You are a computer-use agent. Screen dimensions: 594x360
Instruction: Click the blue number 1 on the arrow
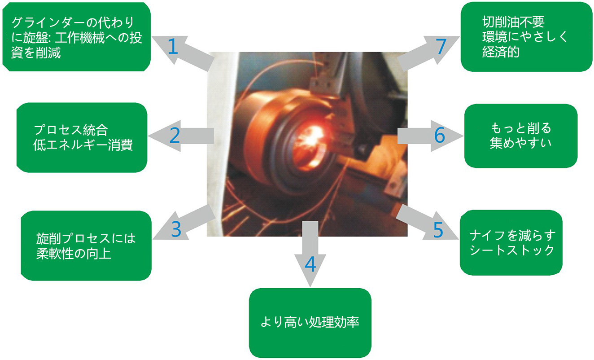point(173,46)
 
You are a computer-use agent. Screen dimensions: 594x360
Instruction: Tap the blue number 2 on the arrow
point(175,136)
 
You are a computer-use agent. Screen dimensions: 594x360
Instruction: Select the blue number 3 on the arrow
point(176,229)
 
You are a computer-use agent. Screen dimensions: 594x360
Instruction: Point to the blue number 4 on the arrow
point(310,264)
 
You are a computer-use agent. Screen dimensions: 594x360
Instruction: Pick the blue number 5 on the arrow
point(438,230)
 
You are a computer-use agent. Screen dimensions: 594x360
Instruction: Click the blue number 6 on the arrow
point(439,135)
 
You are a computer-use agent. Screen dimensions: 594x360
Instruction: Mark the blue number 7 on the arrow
point(441,46)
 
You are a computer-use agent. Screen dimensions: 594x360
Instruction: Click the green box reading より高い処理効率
point(310,323)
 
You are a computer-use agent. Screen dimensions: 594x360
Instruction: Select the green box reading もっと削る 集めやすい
point(521,136)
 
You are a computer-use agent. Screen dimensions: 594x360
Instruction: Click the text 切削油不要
point(513,22)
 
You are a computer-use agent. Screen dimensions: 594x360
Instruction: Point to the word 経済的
point(501,52)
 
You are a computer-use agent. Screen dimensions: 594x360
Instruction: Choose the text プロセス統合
point(71,130)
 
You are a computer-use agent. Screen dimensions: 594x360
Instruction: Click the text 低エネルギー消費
point(83,145)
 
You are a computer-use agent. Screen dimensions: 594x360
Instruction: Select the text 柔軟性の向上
point(74,254)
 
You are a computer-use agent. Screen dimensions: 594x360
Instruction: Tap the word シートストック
point(512,250)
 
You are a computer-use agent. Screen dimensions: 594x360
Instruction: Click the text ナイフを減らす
point(512,236)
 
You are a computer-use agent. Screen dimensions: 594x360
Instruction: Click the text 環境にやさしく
point(524,37)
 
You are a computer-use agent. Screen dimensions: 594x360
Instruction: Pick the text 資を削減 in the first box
point(36,53)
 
